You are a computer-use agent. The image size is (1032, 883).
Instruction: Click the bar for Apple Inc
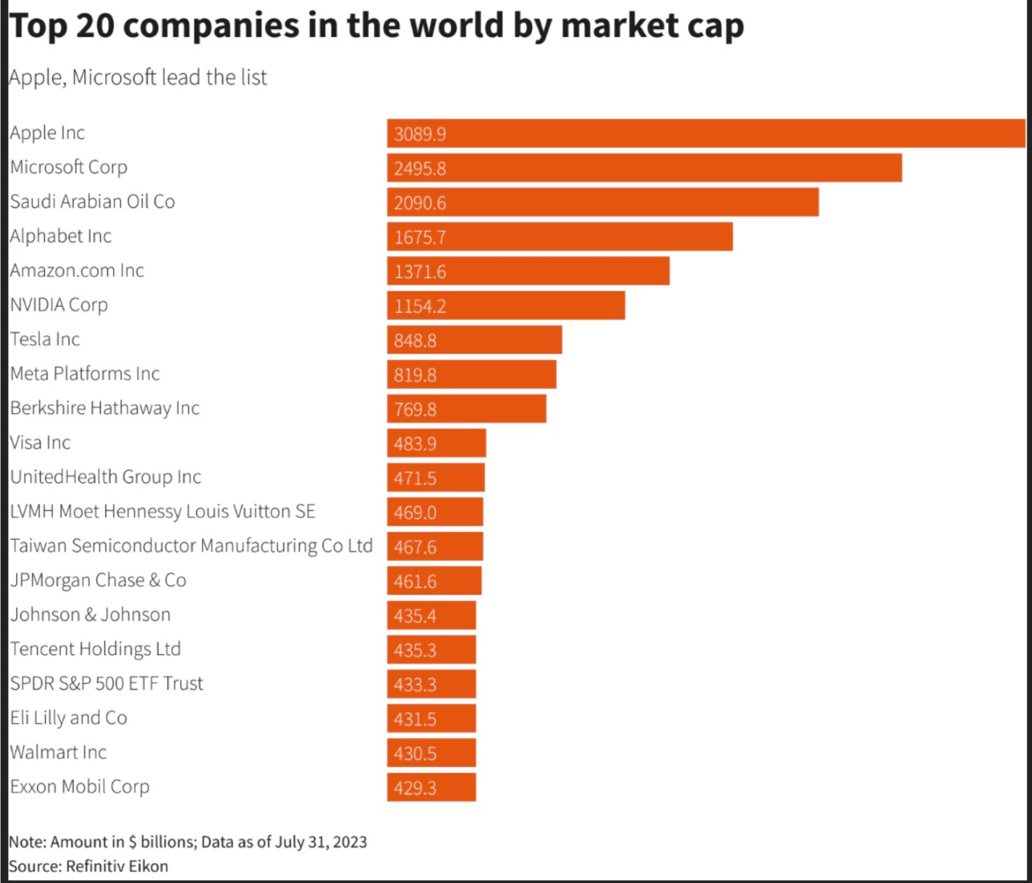(x=706, y=133)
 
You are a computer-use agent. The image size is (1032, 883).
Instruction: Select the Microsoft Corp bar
(x=644, y=168)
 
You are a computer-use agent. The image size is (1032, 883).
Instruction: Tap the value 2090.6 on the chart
(x=420, y=203)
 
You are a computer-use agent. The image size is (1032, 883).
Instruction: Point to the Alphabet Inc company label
(x=61, y=236)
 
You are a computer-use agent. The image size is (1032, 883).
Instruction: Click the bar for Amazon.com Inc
(x=528, y=271)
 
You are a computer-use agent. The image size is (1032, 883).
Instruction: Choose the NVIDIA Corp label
(x=59, y=304)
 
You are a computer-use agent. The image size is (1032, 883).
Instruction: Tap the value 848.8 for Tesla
(x=415, y=340)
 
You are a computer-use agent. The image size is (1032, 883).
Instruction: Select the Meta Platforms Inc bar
(x=471, y=374)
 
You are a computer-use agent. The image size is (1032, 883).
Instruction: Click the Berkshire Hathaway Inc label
(x=105, y=408)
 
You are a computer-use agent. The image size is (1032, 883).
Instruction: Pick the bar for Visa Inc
(x=436, y=443)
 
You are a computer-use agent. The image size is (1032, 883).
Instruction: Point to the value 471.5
(x=415, y=478)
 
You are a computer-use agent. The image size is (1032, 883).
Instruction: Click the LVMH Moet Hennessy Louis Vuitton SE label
(x=163, y=511)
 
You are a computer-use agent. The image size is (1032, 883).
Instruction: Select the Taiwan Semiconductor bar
(x=435, y=547)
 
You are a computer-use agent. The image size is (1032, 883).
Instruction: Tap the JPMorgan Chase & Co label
(x=98, y=580)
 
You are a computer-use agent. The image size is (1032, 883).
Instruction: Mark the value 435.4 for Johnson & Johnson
(x=415, y=616)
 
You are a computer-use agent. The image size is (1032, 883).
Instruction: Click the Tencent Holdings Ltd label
(x=95, y=649)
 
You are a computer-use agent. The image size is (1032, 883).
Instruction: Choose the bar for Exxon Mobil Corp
(x=431, y=788)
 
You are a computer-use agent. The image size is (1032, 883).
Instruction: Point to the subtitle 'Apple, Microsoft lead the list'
(x=138, y=77)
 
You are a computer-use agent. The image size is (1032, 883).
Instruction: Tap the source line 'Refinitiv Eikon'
(x=116, y=866)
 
